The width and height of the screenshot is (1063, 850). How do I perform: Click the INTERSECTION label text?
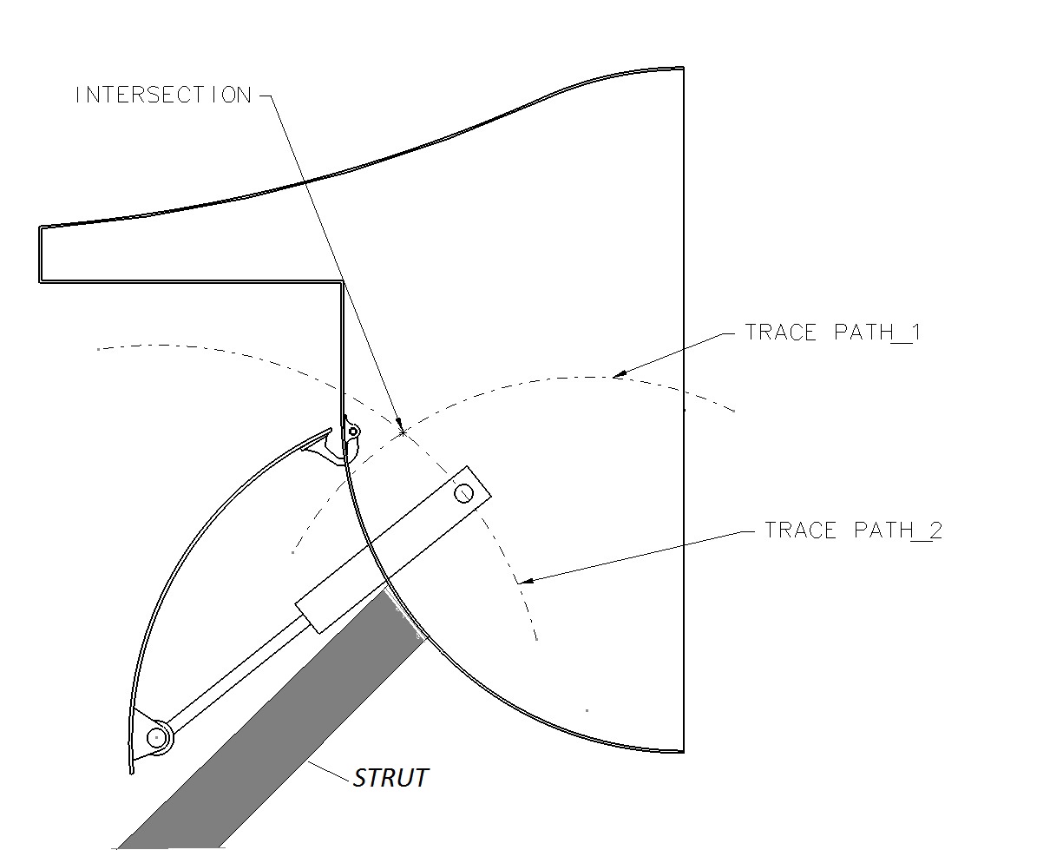[x=163, y=95]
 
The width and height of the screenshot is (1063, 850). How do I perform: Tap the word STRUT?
[x=390, y=777]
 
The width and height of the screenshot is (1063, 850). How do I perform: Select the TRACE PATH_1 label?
[x=832, y=333]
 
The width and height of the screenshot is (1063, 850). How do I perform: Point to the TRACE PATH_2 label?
[x=853, y=530]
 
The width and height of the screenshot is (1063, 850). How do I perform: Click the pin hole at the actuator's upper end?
[x=464, y=494]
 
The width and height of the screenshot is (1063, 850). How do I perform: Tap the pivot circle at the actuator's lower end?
[x=156, y=737]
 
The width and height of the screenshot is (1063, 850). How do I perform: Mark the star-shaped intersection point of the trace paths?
[x=402, y=431]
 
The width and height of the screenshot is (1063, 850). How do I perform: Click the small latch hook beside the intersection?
[x=352, y=429]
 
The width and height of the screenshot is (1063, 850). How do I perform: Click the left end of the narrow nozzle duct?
[x=40, y=254]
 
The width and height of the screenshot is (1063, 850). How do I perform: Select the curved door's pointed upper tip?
[x=329, y=430]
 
